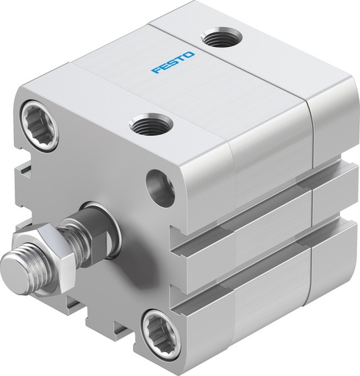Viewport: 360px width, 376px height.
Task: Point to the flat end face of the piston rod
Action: pos(12,262)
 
